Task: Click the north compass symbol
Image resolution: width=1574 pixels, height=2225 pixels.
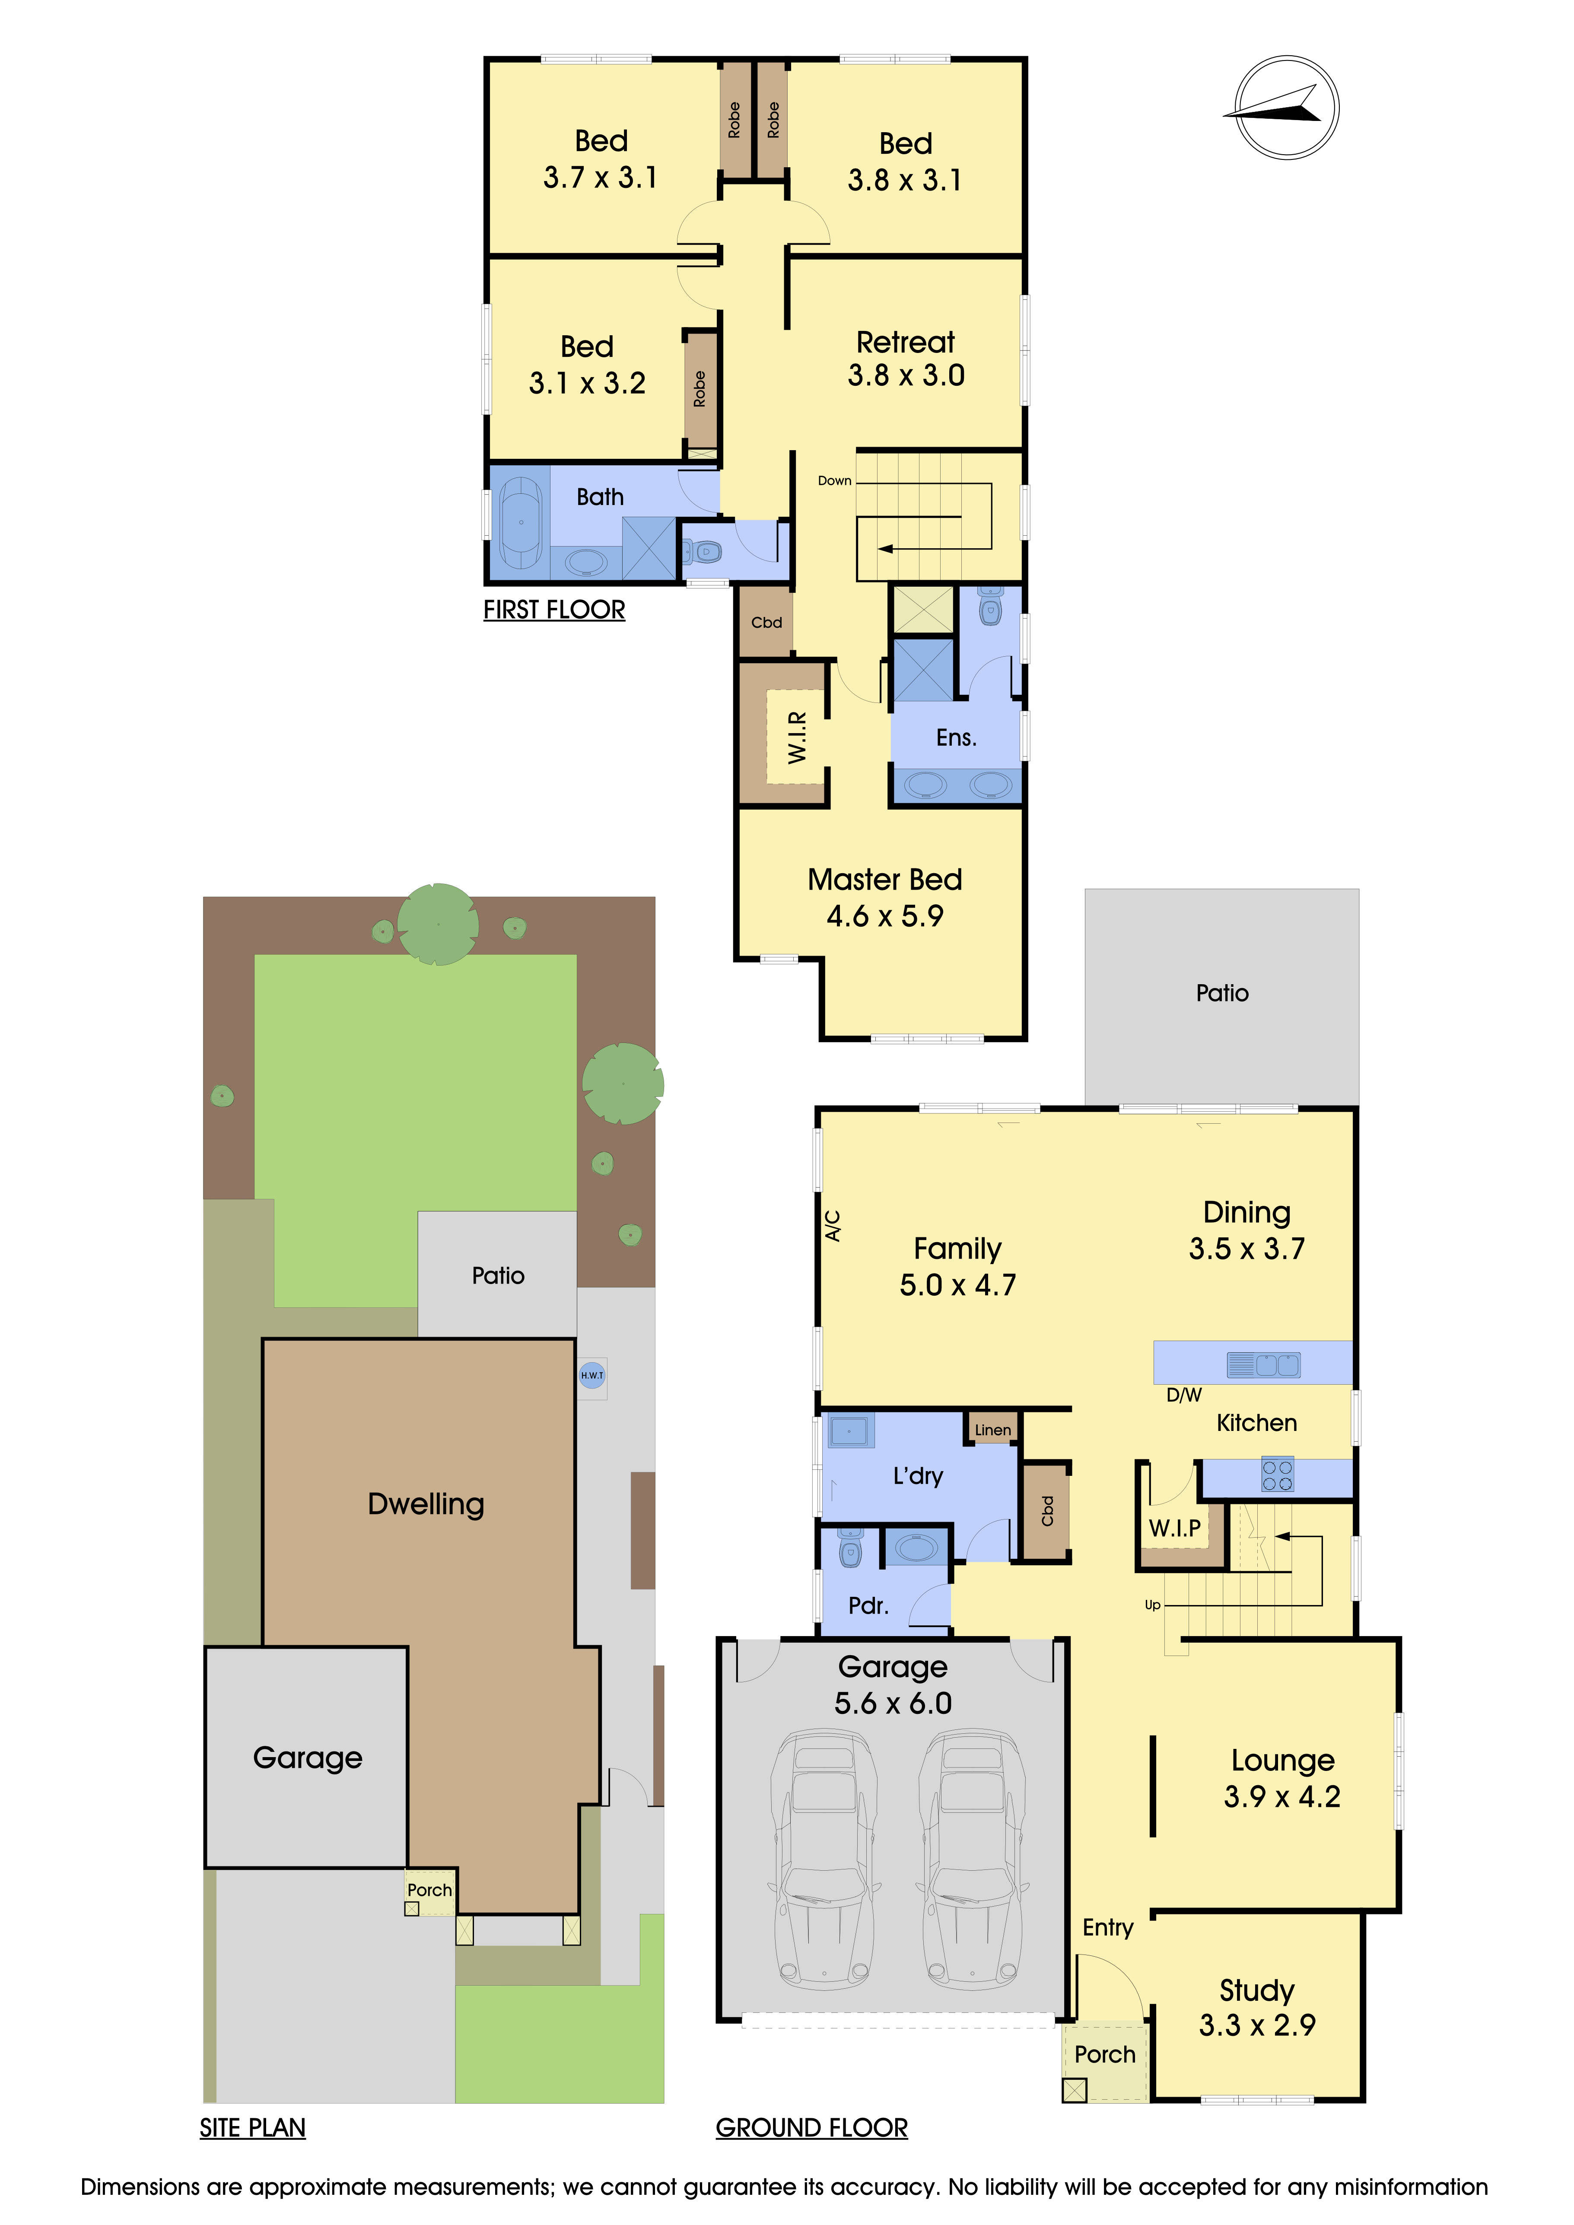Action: click(1286, 108)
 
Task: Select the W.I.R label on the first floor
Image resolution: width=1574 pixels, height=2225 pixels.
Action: click(797, 737)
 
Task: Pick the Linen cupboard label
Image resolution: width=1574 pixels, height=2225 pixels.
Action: click(992, 1429)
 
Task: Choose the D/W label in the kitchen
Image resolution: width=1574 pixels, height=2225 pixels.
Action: click(1183, 1395)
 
